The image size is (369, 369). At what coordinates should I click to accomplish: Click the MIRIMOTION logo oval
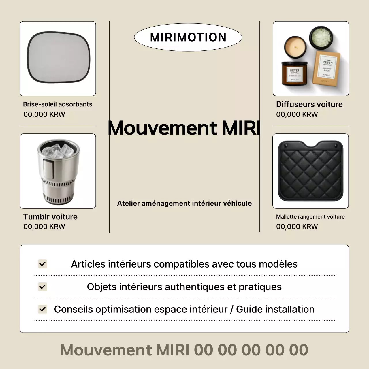(188, 37)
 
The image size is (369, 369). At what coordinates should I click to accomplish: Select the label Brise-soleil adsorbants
(58, 104)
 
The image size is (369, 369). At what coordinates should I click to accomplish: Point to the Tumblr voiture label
(50, 217)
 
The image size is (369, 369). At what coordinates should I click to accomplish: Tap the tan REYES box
(326, 68)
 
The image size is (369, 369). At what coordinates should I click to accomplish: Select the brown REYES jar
(294, 74)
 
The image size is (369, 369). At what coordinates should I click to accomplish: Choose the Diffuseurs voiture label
(309, 104)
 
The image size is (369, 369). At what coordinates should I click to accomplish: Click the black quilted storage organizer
(310, 171)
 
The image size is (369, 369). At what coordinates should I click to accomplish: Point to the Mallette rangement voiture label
(310, 217)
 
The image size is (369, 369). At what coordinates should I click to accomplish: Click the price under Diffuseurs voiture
(297, 114)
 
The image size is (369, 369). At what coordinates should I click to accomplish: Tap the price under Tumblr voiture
(44, 227)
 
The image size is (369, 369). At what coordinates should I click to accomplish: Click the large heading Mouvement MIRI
(184, 128)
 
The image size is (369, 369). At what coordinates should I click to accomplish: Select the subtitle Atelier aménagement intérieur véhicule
(184, 203)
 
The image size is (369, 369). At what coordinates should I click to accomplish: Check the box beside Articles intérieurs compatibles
(43, 264)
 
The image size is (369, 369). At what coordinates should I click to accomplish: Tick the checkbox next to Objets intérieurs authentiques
(43, 287)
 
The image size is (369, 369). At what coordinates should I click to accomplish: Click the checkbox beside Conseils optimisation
(43, 309)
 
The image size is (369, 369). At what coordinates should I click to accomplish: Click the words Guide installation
(275, 309)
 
